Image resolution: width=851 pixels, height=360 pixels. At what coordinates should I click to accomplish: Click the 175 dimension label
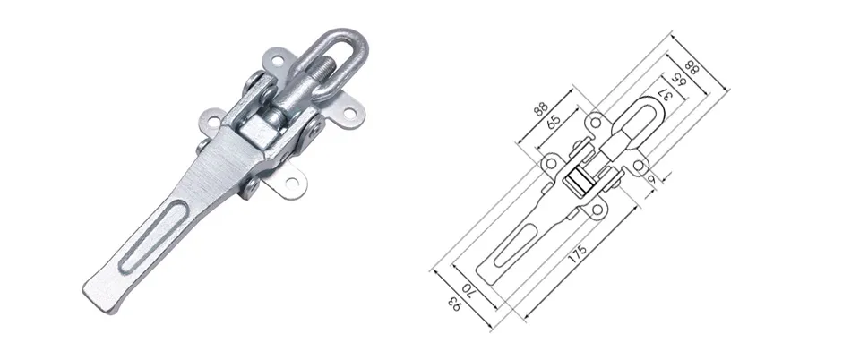578,253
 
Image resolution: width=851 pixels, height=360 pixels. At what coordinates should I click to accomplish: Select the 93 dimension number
454,304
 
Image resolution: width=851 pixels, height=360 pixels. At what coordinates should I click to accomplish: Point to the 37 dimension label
665,99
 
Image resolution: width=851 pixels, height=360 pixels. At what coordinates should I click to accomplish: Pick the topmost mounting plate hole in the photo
278,60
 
